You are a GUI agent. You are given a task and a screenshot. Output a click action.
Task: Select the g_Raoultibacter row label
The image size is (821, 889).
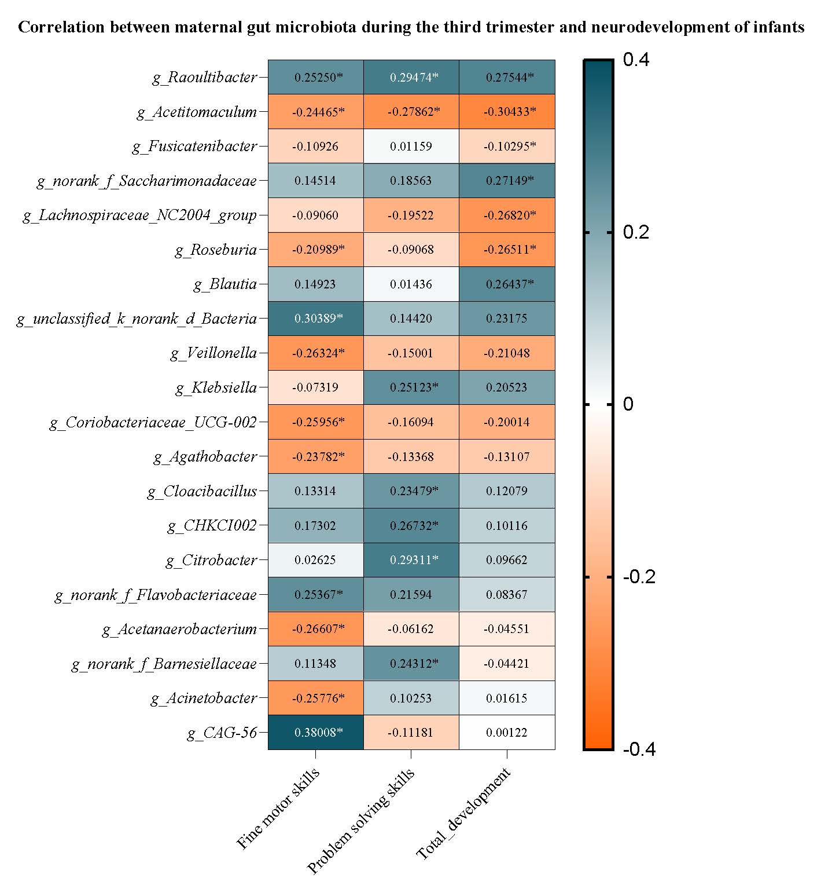click(x=205, y=78)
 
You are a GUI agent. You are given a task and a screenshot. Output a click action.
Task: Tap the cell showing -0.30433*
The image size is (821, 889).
click(x=507, y=112)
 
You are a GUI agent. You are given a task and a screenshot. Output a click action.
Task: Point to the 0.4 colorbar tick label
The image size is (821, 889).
click(x=636, y=60)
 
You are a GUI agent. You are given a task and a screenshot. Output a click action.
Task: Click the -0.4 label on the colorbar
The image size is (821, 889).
click(x=639, y=749)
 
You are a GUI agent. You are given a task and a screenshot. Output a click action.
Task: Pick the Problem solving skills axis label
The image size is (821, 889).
click(x=361, y=820)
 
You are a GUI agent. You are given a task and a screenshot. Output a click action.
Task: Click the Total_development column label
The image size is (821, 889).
click(x=464, y=813)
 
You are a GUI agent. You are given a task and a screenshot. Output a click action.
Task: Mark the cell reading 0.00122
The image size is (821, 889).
click(x=507, y=733)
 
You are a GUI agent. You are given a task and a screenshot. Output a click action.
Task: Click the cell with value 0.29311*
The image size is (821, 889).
click(x=411, y=560)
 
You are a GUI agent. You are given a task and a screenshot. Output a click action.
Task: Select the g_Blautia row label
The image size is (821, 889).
click(x=225, y=284)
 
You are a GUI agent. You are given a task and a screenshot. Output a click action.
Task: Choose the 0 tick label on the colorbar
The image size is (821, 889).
click(x=628, y=404)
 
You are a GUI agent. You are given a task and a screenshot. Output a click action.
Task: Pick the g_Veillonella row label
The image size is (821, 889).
click(x=213, y=353)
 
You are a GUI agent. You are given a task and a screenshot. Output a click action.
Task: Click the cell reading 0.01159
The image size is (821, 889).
click(x=411, y=147)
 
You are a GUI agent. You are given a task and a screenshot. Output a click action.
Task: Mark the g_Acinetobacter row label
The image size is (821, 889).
click(x=204, y=698)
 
